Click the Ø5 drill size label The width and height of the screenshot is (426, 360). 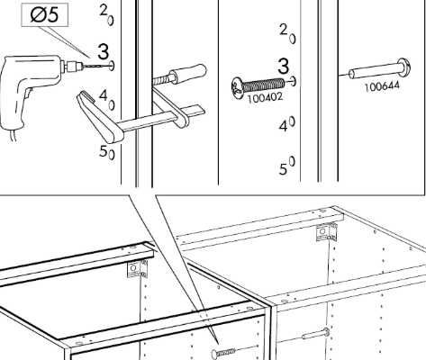click(45, 15)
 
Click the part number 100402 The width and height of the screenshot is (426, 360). click(265, 97)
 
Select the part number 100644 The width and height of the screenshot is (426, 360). click(382, 86)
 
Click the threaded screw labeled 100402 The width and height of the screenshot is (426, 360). click(258, 86)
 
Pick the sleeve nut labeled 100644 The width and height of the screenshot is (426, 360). click(379, 69)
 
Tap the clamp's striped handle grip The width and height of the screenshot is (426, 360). click(188, 73)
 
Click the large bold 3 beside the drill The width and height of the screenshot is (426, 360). click(103, 51)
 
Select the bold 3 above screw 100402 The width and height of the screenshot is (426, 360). click(283, 66)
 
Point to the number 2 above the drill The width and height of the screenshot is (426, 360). click(104, 11)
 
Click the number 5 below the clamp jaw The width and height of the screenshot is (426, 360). click(103, 151)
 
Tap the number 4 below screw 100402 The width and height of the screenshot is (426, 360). click(284, 126)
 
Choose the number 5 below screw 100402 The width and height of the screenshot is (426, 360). click(283, 169)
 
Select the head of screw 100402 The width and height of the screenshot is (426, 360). click(237, 87)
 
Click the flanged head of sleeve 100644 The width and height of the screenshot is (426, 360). click(403, 67)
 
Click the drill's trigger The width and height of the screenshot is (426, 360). click(28, 94)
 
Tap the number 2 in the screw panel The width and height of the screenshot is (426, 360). click(284, 30)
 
